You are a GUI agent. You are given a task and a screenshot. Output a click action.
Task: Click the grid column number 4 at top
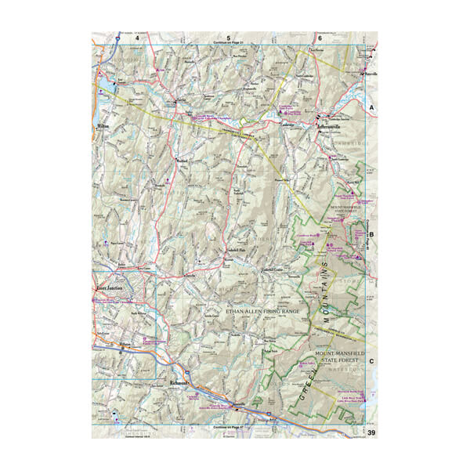tap(138, 37)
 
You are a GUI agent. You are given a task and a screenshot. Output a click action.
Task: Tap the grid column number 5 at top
tap(229, 37)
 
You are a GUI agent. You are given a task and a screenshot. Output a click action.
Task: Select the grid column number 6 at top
tap(320, 37)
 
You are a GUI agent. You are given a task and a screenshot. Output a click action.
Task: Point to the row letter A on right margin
tap(372, 106)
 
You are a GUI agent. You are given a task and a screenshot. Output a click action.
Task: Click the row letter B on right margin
tap(372, 233)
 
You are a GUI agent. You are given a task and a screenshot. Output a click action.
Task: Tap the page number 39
tap(371, 432)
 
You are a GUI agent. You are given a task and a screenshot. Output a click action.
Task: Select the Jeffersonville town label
tap(332, 125)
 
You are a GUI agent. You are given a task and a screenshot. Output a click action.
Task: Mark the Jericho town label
tap(190, 276)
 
